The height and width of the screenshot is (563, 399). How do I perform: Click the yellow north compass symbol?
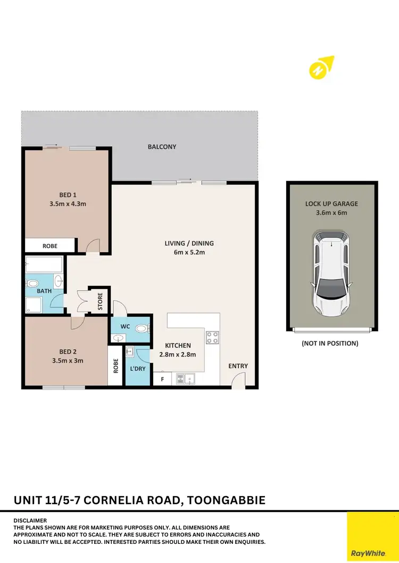click(321, 68)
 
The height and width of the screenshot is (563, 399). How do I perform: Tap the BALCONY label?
click(162, 147)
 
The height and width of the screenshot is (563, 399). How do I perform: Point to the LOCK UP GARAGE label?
click(331, 203)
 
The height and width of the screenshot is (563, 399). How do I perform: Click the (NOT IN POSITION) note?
click(330, 344)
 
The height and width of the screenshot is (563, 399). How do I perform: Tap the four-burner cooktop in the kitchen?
click(212, 338)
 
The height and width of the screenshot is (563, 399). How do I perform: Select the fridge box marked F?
click(162, 380)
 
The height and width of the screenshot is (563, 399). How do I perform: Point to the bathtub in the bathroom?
click(44, 264)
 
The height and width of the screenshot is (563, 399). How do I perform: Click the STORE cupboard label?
click(100, 301)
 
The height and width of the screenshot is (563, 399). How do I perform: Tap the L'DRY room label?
click(137, 368)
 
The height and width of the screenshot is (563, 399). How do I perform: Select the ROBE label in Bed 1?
click(50, 246)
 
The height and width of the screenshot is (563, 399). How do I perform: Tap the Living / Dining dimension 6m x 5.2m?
click(189, 252)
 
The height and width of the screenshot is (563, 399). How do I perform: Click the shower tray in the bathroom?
click(35, 305)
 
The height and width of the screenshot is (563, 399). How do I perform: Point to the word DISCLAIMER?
click(30, 521)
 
